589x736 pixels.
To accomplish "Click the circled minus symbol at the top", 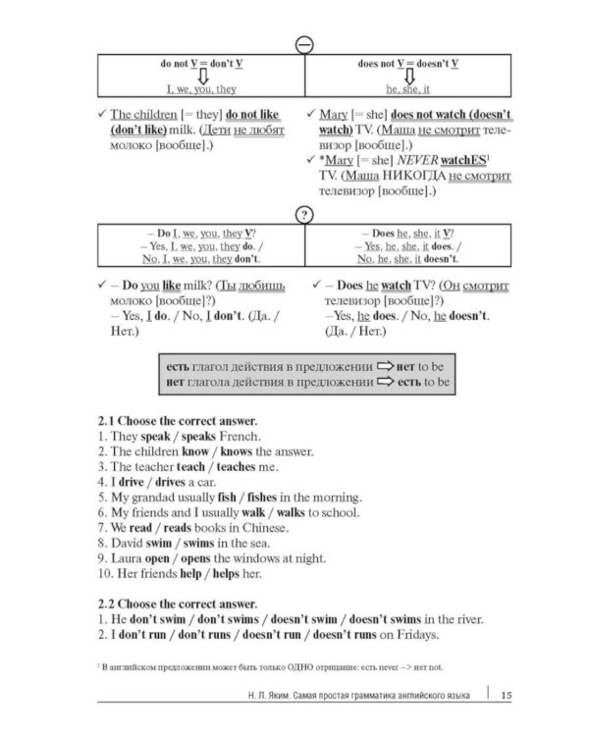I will (x=304, y=45).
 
